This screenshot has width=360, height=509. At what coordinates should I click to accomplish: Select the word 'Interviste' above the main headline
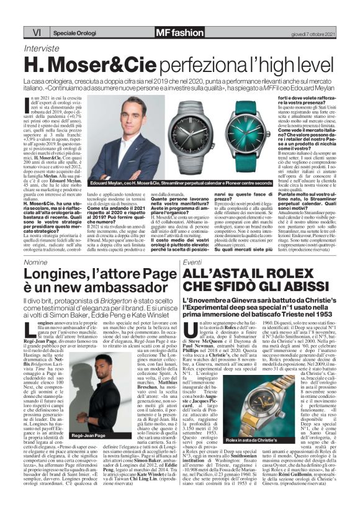(x=40, y=48)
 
